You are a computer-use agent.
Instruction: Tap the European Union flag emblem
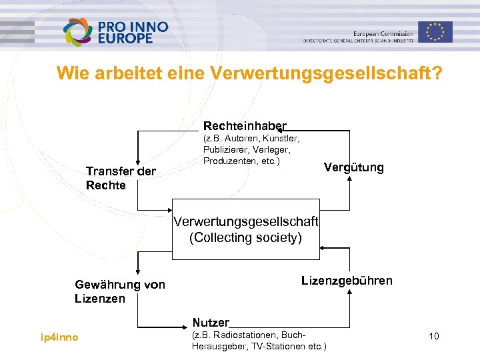[x=435, y=31]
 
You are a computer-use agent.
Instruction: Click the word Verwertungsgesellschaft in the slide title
[x=325, y=73]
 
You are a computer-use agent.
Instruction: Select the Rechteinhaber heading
[x=244, y=125]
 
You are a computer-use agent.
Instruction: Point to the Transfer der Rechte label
[x=120, y=178]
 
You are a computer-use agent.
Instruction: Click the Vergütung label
[x=353, y=167]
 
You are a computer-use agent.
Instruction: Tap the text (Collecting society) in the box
[x=245, y=238]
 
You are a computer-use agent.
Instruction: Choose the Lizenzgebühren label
[x=347, y=280]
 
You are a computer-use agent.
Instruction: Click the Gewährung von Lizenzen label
[x=119, y=291]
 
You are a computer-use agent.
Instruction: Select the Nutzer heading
[x=211, y=323]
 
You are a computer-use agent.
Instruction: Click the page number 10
[x=433, y=337]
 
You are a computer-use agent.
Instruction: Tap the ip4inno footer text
[x=59, y=337]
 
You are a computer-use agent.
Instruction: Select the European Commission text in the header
[x=383, y=33]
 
